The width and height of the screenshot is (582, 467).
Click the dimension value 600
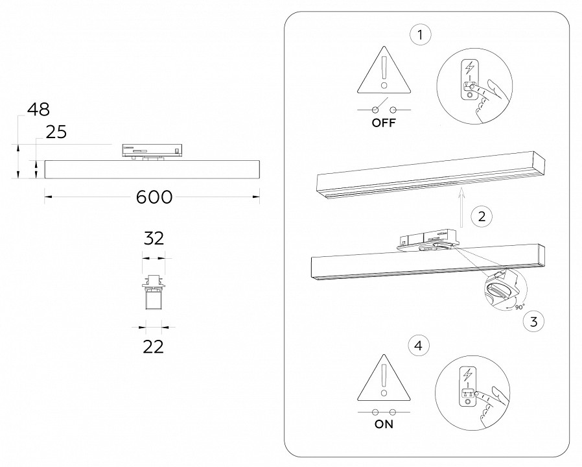tap(154, 197)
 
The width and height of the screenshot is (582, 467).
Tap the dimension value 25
tap(56, 132)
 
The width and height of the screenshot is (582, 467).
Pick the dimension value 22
tap(153, 346)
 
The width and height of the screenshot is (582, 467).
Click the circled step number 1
tap(421, 35)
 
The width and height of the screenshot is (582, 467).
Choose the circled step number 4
tap(421, 346)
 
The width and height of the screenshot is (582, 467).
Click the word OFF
tap(384, 123)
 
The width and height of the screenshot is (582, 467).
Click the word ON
tap(384, 425)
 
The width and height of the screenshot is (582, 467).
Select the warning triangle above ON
tap(384, 378)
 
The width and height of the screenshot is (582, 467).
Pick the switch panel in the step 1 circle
tap(468, 81)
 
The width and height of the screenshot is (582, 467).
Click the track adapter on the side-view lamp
tap(152, 150)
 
